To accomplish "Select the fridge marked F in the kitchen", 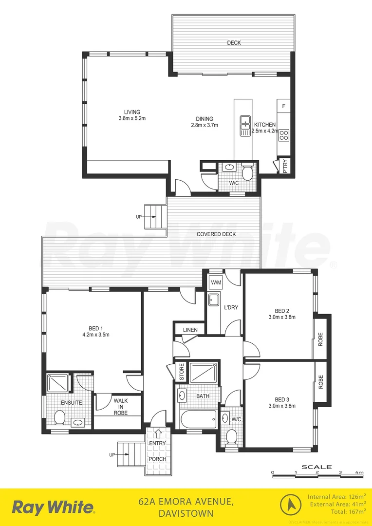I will coord(283,106).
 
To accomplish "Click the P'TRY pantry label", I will coord(285,167).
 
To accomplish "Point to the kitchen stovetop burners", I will coord(283,134).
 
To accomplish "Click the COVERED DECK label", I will coord(216,234).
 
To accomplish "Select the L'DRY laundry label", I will coord(230,308).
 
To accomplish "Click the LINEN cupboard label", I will coord(190,330).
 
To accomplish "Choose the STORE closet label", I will coord(181,373).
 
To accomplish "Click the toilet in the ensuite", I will coord(60,417).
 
